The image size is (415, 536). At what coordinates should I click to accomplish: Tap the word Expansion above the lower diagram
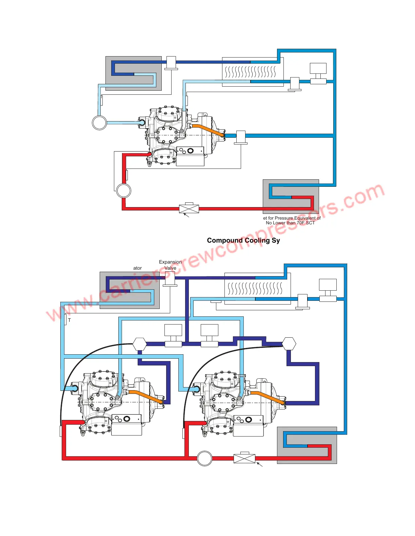pyautogui.click(x=170, y=262)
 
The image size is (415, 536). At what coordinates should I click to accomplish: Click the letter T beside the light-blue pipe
pyautogui.click(x=70, y=320)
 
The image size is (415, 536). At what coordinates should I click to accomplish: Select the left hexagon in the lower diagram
pyautogui.click(x=139, y=344)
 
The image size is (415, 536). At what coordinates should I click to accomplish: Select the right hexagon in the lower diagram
pyautogui.click(x=289, y=344)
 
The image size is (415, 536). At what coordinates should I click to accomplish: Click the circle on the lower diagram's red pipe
pyautogui.click(x=204, y=459)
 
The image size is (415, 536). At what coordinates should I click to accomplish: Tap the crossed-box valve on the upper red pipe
pyautogui.click(x=189, y=208)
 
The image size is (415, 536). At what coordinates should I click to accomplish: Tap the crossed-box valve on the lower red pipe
pyautogui.click(x=244, y=459)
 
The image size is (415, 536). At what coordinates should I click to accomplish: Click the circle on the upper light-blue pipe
pyautogui.click(x=99, y=123)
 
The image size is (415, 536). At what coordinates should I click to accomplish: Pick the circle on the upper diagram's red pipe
pyautogui.click(x=123, y=191)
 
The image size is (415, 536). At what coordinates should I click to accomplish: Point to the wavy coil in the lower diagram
pyautogui.click(x=255, y=288)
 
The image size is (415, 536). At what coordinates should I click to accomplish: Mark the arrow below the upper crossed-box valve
pyautogui.click(x=186, y=215)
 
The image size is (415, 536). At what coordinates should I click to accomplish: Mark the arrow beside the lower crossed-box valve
pyautogui.click(x=259, y=464)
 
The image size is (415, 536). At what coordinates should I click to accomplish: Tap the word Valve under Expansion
pyautogui.click(x=170, y=268)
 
